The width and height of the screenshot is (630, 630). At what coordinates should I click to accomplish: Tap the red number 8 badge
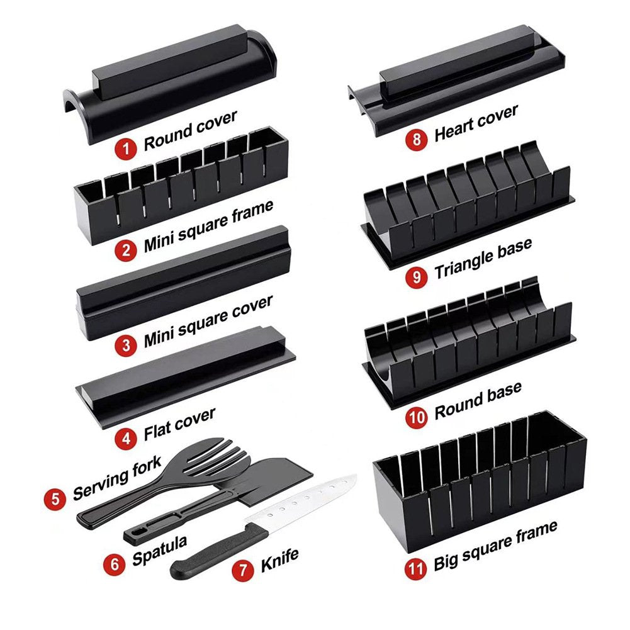417,139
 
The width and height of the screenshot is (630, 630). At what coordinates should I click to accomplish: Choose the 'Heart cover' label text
476,123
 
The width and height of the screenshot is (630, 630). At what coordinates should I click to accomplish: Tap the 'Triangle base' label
483,258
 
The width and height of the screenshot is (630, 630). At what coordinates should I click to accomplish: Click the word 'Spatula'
160,542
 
